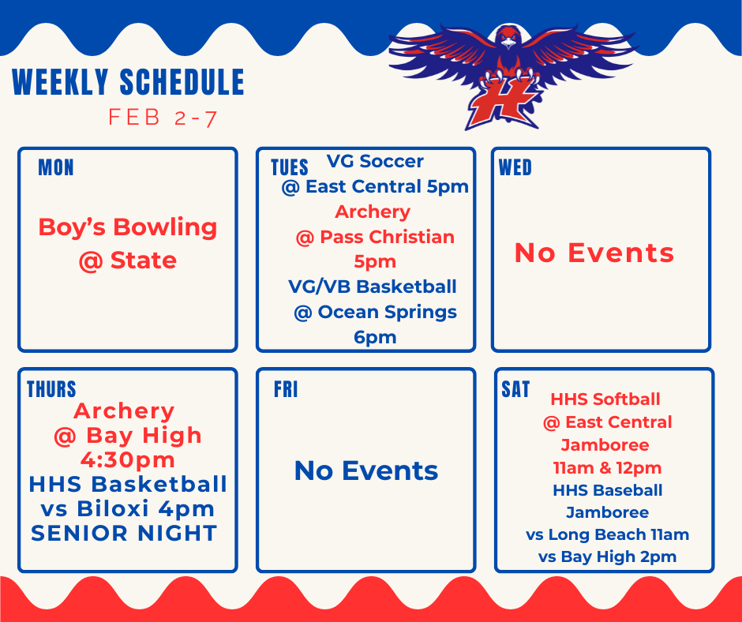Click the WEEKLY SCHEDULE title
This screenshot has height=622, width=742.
128,83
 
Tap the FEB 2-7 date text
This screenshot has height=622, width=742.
163,118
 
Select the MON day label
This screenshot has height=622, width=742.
55,168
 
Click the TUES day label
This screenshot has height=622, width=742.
289,168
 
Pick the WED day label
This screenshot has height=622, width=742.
515,168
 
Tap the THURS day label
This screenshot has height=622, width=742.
51,389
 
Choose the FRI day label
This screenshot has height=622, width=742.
286,390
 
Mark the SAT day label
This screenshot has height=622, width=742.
515,390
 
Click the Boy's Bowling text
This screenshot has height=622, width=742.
128,227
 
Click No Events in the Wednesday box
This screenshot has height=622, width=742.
594,253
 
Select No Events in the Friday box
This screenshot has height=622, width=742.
366,471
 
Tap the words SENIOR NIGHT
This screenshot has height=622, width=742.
124,534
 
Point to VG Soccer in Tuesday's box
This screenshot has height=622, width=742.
375,162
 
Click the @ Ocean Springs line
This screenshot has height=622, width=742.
375,312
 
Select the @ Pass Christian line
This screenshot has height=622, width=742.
375,237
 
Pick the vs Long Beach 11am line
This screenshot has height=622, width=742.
607,534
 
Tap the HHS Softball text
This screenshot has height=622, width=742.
605,399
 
